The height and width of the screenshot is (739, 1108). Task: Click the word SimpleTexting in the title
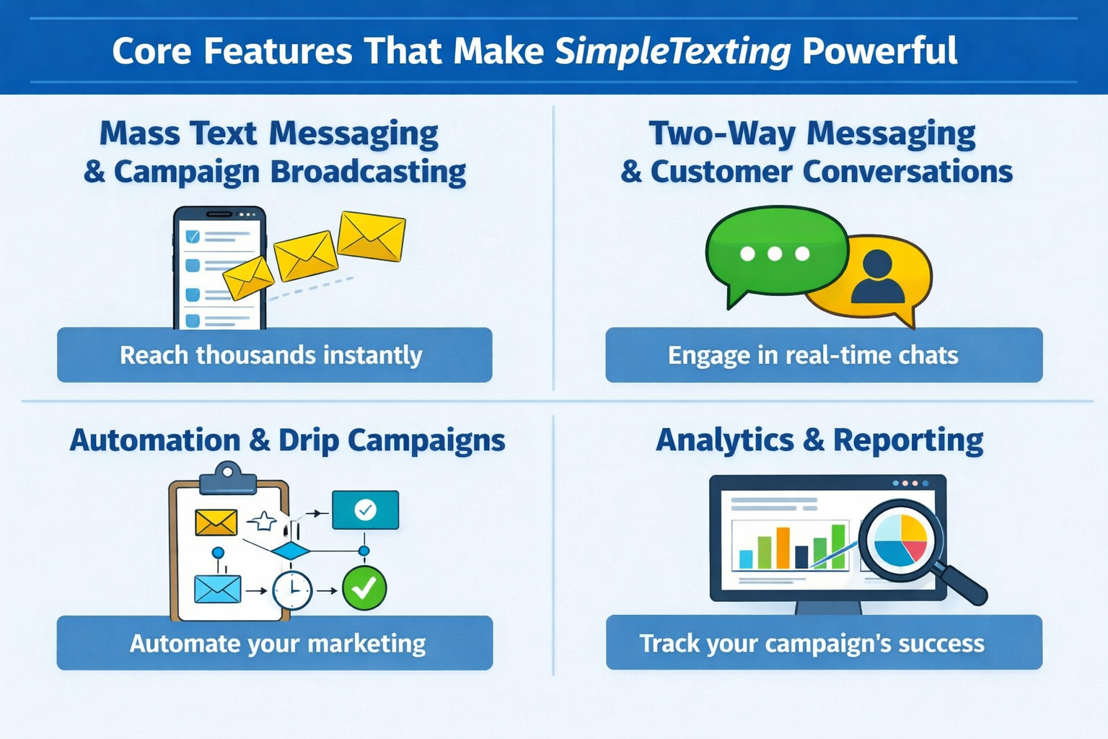point(672,52)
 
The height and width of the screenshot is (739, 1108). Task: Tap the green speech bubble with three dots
point(775,253)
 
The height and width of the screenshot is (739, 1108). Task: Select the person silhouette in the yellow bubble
point(877,277)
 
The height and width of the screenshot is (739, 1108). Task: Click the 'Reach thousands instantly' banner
point(274,355)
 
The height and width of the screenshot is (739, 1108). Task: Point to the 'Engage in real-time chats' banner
point(823,355)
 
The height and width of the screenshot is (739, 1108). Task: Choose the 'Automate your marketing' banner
point(274,643)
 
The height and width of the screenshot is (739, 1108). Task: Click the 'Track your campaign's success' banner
point(823,642)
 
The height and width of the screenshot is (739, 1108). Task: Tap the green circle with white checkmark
point(364,588)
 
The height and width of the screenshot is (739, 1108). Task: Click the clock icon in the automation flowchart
point(291,590)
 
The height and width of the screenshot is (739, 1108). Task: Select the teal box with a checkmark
point(365,510)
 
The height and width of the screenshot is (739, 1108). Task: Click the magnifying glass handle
point(964,583)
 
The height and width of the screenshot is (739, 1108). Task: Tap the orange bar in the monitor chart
point(783,548)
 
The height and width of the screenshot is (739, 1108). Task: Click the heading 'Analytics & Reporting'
point(819,440)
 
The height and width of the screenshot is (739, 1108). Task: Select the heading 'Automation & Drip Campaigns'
point(287,440)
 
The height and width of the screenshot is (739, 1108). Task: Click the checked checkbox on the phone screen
point(193,237)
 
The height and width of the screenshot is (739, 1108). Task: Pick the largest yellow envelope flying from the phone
point(371,236)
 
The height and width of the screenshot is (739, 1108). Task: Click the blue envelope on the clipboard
point(217,589)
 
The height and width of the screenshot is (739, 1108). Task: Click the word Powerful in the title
point(879,52)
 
